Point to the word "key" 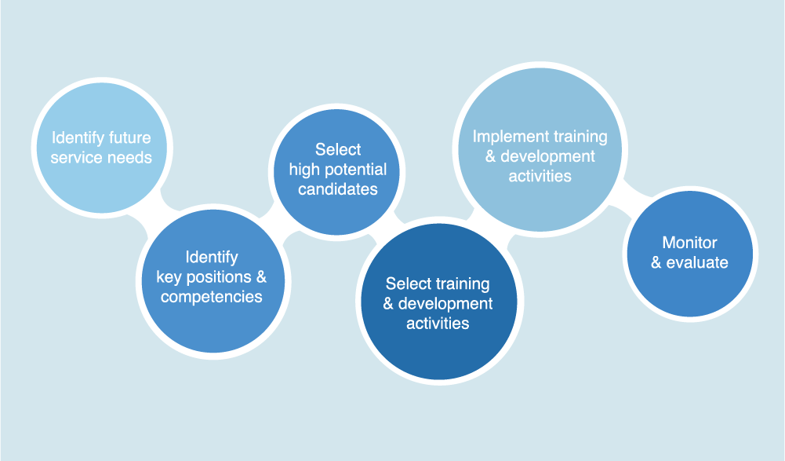169,277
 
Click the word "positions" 219,277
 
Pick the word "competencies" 211,297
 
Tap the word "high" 304,170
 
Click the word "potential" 355,170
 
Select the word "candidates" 338,189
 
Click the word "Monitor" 690,243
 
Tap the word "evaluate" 697,262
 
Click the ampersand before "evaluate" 656,262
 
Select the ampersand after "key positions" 261,277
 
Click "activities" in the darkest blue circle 438,324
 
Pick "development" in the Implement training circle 547,156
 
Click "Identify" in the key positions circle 212,258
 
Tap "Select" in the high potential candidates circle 338,149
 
